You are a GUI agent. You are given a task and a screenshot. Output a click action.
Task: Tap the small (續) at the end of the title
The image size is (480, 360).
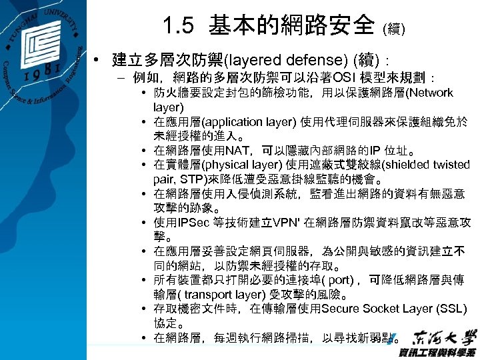point(393,29)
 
